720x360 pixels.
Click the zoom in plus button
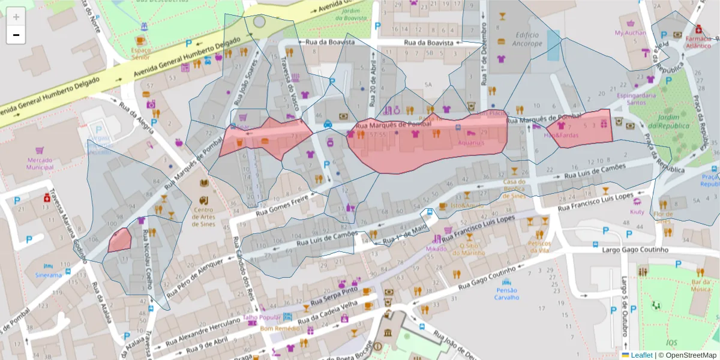pos(16,17)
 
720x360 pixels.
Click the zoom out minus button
pos(16,35)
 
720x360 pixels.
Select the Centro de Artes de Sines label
pos(204,217)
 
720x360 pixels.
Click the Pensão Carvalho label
pos(507,293)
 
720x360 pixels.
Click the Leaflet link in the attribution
pos(641,355)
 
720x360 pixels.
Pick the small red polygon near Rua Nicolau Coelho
pos(120,241)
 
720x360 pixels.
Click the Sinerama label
pos(49,275)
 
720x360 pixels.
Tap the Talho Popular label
pos(262,317)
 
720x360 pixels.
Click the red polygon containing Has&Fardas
pos(582,127)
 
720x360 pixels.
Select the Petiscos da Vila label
pos(539,247)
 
